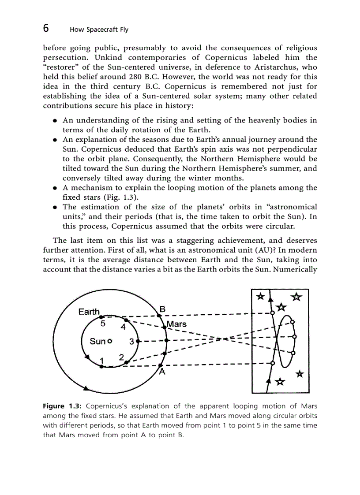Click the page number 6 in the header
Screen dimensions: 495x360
point(46,29)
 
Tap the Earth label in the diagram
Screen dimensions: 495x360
point(89,312)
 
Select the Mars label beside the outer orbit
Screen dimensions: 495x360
point(176,324)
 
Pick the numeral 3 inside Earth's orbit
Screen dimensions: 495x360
point(131,342)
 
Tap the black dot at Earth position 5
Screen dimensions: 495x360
point(101,316)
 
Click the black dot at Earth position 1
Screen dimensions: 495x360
point(101,366)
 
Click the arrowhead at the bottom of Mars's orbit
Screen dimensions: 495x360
point(86,388)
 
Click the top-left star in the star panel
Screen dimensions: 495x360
point(261,296)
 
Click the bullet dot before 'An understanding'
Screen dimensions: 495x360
point(54,120)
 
